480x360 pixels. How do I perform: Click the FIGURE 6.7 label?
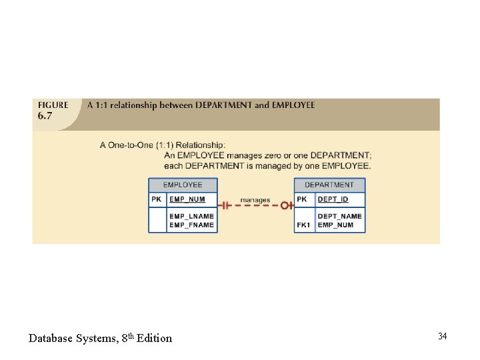53,109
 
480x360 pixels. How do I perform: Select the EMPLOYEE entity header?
183,185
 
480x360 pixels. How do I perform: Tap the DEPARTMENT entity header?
329,185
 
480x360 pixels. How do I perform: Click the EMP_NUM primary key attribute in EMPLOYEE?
187,199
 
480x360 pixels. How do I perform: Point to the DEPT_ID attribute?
333,199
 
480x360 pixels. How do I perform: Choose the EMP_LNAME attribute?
191,216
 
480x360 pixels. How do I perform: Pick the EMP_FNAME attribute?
191,225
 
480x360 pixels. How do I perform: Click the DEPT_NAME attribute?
339,216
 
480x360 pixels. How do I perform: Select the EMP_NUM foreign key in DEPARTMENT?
335,225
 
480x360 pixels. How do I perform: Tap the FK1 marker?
303,225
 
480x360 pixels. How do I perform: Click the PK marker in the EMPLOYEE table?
157,199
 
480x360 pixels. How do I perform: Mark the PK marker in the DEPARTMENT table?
302,199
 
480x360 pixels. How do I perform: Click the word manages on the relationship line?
255,200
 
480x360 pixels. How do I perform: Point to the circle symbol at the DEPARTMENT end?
284,205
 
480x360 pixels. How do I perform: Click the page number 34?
443,336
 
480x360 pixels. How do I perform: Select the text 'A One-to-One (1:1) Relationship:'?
163,145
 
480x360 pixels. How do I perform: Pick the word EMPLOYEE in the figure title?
293,105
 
